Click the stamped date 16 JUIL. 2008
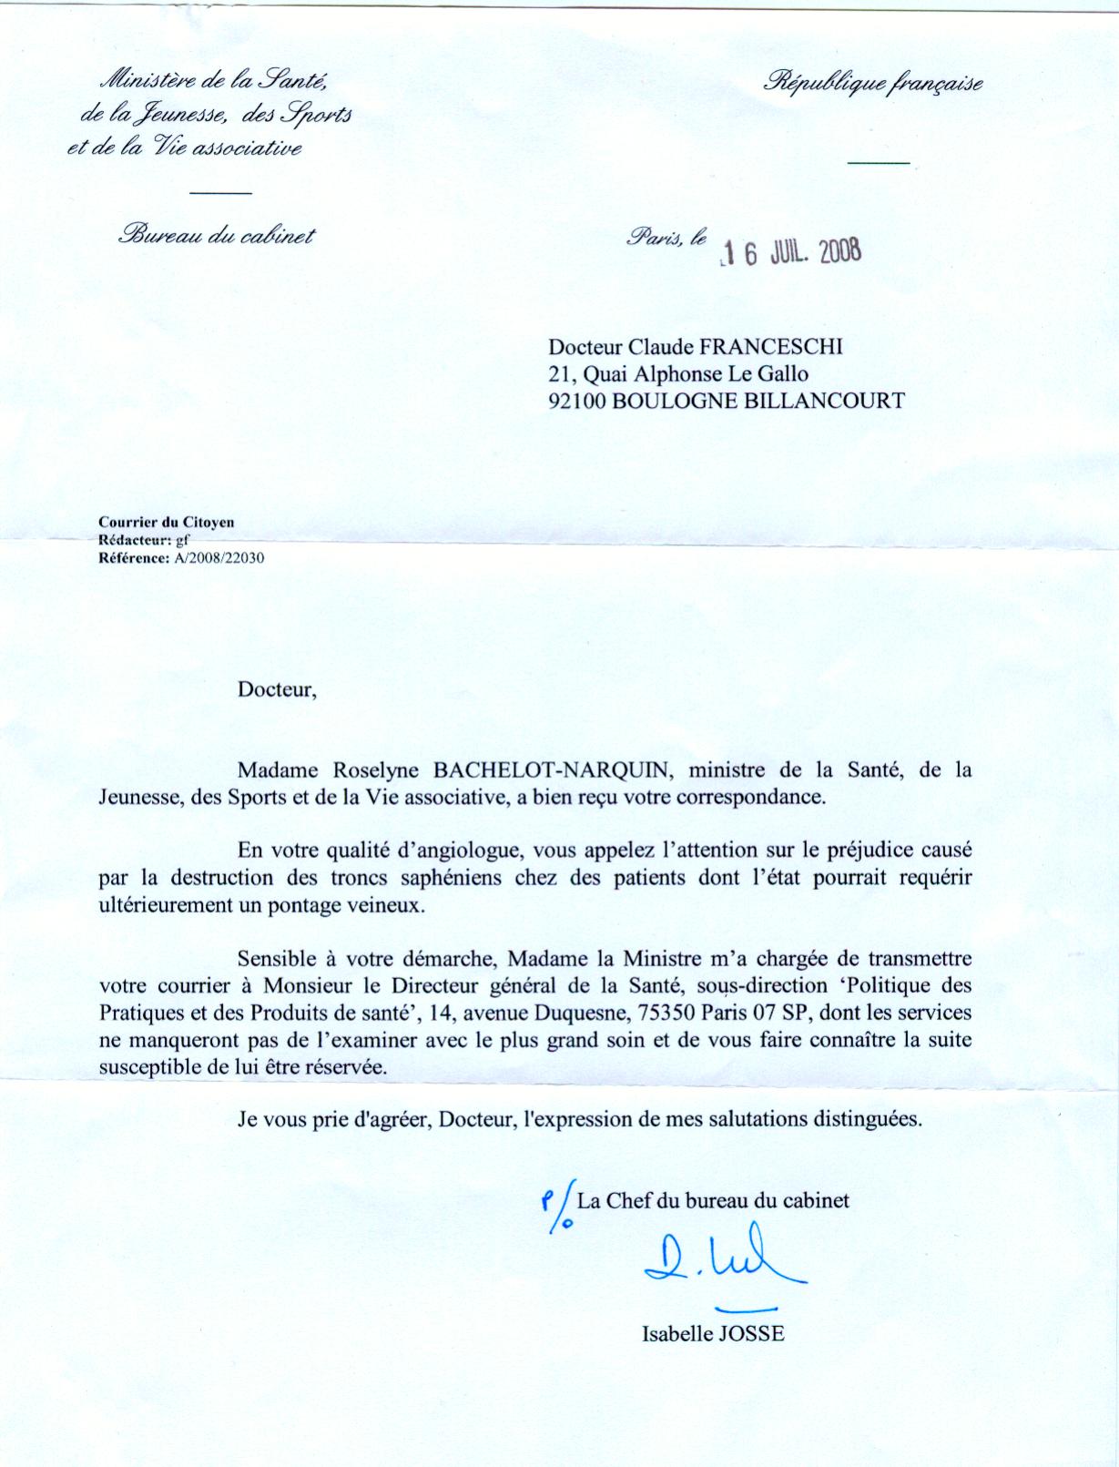[x=788, y=252]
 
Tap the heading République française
[x=874, y=84]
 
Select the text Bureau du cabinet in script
[x=216, y=236]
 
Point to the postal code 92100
[x=578, y=400]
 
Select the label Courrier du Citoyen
[x=166, y=523]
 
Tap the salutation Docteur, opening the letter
[x=277, y=689]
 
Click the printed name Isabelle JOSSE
[x=713, y=1334]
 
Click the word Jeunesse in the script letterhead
[x=175, y=116]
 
